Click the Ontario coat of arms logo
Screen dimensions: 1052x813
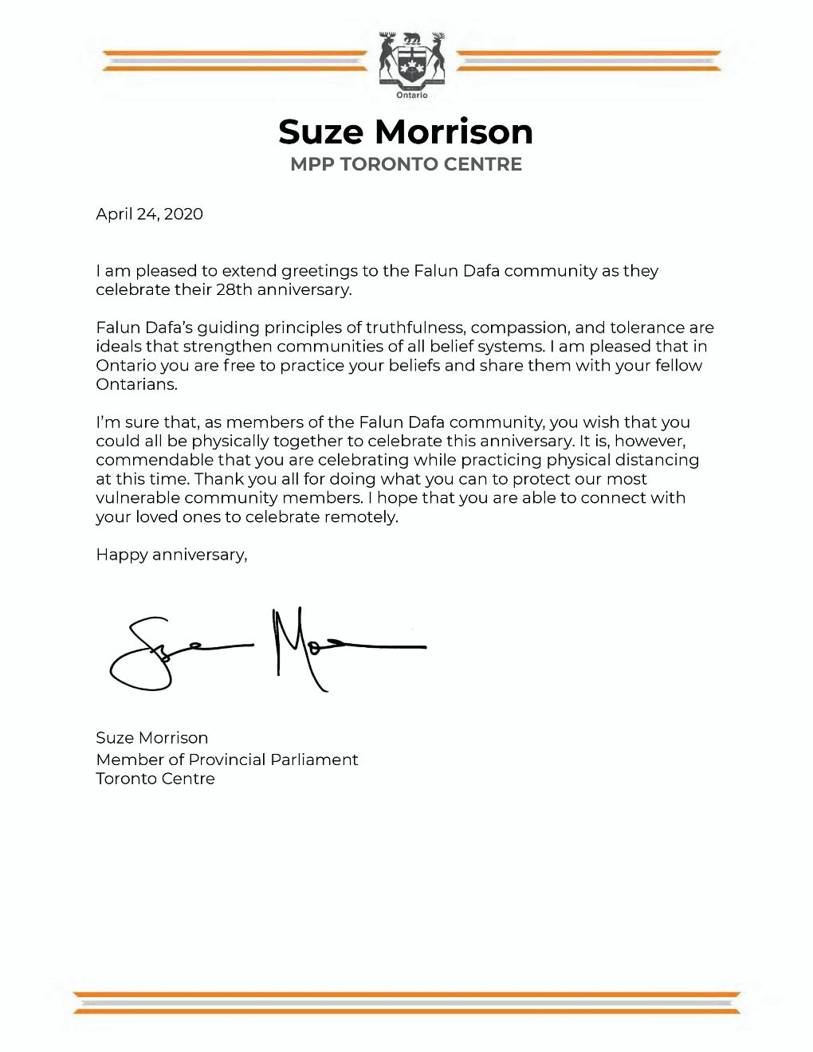412,59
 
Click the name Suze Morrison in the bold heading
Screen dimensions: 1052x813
406,132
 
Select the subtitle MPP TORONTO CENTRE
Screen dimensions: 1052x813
406,164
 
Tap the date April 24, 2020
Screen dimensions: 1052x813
149,214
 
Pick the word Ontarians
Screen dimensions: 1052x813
136,384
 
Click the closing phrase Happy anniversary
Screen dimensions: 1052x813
171,555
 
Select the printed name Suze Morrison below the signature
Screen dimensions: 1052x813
151,738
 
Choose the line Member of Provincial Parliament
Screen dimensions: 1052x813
226,760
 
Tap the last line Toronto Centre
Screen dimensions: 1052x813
155,779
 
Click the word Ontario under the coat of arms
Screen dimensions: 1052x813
412,96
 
